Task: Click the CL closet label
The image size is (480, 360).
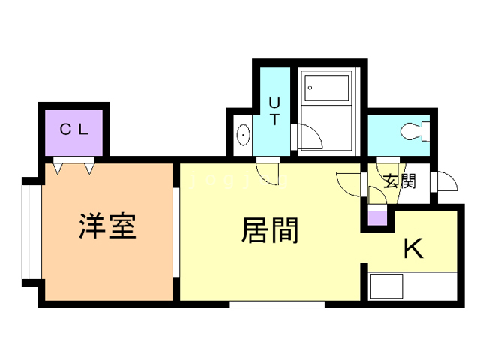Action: click(x=74, y=129)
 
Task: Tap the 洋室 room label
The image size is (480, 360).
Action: click(x=108, y=226)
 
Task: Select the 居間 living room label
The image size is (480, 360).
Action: click(x=270, y=230)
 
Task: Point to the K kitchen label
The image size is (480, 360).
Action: click(x=413, y=248)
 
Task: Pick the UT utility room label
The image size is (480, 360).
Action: click(x=274, y=110)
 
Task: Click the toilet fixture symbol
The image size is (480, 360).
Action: click(x=413, y=133)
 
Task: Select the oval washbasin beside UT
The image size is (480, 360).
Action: click(x=244, y=135)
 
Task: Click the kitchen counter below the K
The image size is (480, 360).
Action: click(x=412, y=286)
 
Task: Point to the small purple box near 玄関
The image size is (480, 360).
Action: click(x=377, y=220)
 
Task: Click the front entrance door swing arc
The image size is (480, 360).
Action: click(x=445, y=182)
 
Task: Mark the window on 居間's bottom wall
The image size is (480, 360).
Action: click(x=277, y=304)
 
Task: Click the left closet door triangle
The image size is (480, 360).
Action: click(x=61, y=168)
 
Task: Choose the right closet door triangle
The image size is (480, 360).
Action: click(x=89, y=168)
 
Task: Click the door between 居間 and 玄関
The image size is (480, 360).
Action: click(x=350, y=182)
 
